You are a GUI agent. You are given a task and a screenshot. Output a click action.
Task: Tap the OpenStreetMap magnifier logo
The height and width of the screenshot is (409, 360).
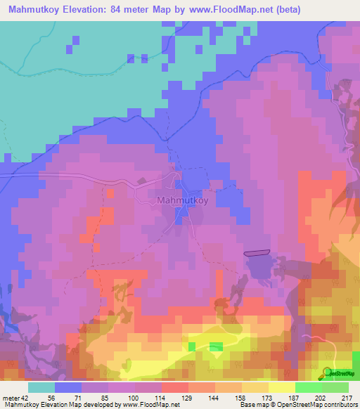pyautogui.click(x=328, y=373)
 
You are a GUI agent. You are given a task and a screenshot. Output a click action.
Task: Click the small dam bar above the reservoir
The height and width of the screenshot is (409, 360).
pyautogui.click(x=257, y=252)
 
